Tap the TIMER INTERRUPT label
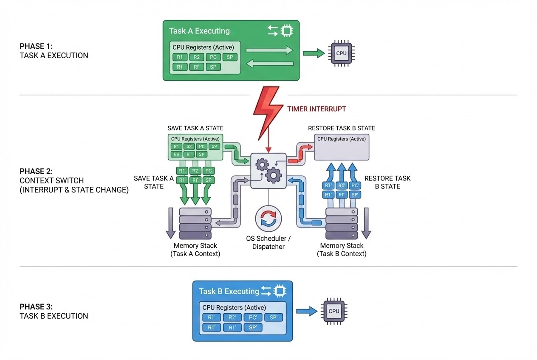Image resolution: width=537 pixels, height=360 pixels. click(x=316, y=109)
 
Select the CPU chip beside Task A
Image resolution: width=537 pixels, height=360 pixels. click(x=341, y=53)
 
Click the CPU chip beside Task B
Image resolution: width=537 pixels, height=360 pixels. click(x=334, y=311)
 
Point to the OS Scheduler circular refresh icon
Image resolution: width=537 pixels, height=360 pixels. click(x=268, y=219)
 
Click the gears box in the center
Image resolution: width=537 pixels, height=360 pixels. click(x=268, y=170)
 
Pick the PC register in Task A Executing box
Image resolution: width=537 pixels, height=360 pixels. click(x=213, y=57)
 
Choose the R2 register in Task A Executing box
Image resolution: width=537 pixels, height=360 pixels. click(x=196, y=57)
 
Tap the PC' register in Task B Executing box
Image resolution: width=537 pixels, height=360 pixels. click(x=252, y=317)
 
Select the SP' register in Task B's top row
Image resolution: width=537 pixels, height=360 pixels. click(x=273, y=317)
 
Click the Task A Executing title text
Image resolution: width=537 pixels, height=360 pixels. click(x=199, y=31)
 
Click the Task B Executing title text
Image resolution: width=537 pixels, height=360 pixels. click(x=229, y=291)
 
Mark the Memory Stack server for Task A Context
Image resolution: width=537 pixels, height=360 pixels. click(x=195, y=224)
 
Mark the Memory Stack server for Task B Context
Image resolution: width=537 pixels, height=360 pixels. click(x=342, y=224)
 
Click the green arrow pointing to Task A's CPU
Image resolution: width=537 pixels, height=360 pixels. click(x=314, y=53)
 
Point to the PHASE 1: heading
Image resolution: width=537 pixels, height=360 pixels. click(x=36, y=46)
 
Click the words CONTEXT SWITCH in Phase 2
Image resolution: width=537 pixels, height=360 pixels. click(x=51, y=180)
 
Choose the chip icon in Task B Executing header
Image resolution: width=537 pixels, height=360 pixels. click(x=279, y=291)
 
